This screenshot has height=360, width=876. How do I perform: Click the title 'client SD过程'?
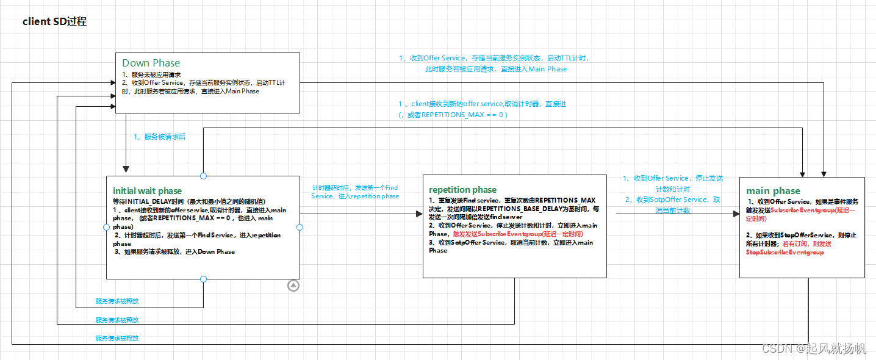point(55,22)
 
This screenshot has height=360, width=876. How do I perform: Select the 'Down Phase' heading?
point(151,63)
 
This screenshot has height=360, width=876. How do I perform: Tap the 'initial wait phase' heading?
point(147,191)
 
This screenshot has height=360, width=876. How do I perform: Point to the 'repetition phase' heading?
point(462,189)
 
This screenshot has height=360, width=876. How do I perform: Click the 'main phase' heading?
point(773,191)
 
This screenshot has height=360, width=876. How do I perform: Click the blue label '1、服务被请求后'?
point(159,137)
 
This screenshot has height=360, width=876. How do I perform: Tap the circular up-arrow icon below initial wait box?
point(293,285)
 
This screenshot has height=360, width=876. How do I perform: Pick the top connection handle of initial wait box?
point(203,176)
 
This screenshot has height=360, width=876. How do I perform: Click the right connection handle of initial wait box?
point(300,227)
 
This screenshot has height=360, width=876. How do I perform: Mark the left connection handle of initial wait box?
point(107,227)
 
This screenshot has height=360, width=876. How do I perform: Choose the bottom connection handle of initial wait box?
point(203,279)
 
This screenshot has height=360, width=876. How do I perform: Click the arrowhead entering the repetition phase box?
point(419,214)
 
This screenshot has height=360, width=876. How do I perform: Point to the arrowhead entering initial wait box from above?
point(126,170)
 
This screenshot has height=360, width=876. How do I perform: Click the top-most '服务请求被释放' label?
point(117,301)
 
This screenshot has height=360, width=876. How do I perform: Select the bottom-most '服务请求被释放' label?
point(117,338)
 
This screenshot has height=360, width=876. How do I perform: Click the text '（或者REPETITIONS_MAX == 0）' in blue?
point(453,115)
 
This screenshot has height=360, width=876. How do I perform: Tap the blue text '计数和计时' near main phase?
point(673,189)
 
